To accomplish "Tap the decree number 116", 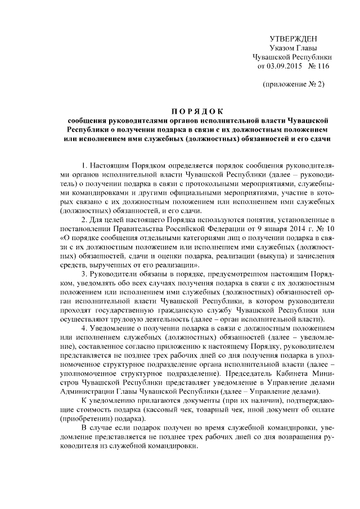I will point(322,66).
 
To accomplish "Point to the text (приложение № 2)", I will point(293,85).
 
